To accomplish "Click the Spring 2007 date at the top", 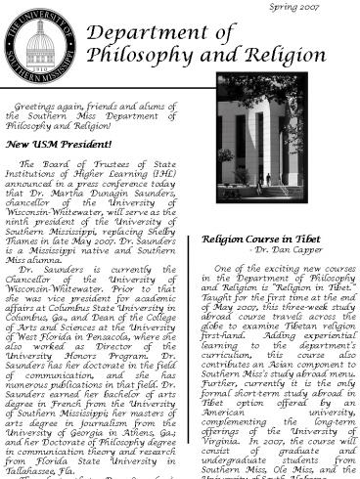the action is click(323, 7).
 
